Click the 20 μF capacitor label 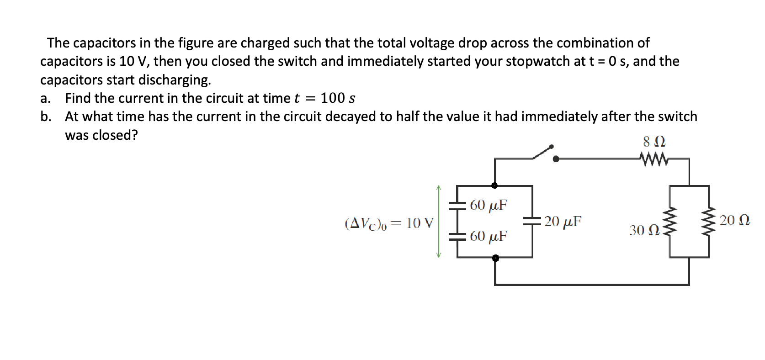click(x=563, y=222)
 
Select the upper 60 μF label click(x=488, y=205)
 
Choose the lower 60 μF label click(x=488, y=236)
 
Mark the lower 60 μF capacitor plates click(x=457, y=236)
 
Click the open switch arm click(x=543, y=153)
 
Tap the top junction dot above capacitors click(x=494, y=185)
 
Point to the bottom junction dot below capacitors click(x=494, y=258)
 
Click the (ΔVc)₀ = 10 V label click(x=389, y=223)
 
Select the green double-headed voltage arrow click(x=439, y=222)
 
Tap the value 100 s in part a click(x=338, y=98)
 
